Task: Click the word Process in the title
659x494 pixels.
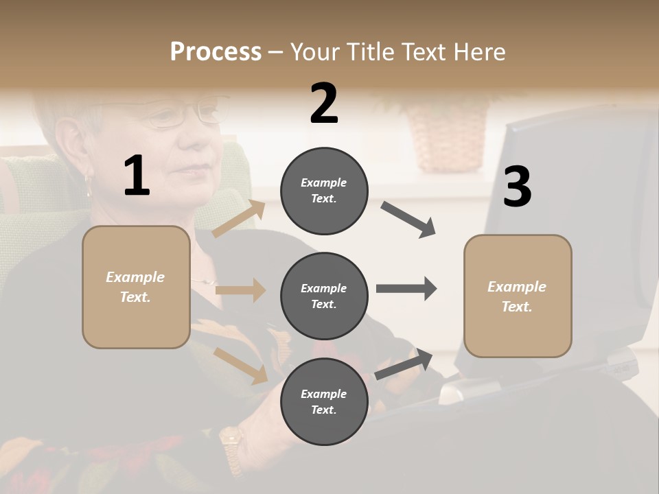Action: [x=216, y=52]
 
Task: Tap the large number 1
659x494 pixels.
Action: [x=137, y=176]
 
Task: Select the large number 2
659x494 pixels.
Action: [x=324, y=104]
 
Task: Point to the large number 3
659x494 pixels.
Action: [x=517, y=187]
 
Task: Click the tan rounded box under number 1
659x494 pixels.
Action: [x=136, y=287]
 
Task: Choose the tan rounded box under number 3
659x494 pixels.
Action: [x=518, y=296]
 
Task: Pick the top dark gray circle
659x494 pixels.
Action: [x=324, y=191]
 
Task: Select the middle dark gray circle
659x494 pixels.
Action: [x=324, y=296]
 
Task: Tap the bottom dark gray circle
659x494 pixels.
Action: [x=324, y=401]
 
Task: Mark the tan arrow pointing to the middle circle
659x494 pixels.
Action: [x=240, y=290]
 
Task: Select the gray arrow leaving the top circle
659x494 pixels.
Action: [x=408, y=220]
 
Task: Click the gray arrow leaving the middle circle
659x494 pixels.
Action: [x=406, y=288]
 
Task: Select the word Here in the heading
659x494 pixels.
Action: [x=478, y=52]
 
